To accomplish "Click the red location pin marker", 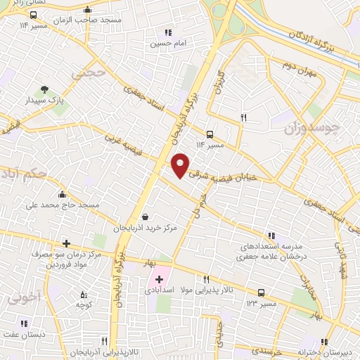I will [x=181, y=165].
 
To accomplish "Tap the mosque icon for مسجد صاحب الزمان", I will [x=87, y=11].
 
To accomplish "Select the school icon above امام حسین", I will [x=167, y=32].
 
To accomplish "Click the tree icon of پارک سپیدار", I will [x=45, y=89].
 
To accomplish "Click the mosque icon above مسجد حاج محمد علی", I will [x=63, y=194].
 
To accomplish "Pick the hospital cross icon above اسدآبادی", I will [x=159, y=278].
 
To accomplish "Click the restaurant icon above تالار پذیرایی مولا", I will [x=206, y=279].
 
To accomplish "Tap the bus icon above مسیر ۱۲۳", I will [x=262, y=292].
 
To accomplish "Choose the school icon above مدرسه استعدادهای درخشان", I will [x=271, y=236].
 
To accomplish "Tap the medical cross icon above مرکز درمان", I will [x=66, y=243].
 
